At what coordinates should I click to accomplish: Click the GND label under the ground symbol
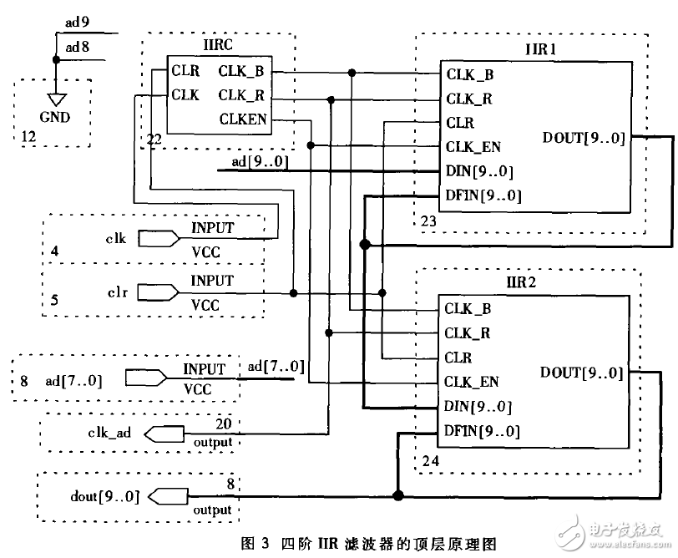tap(55, 117)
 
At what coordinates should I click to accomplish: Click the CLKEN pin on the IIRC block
tap(243, 119)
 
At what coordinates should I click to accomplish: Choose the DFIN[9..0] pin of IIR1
tap(483, 195)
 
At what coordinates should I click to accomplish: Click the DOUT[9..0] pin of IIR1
tap(583, 139)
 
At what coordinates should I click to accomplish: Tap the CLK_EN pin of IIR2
tap(472, 382)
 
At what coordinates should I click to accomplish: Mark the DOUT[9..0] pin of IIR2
tap(582, 373)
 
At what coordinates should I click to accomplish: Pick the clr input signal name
tap(116, 293)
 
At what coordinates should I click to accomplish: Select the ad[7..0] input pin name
tap(73, 381)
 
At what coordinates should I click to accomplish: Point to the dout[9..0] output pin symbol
tap(166, 497)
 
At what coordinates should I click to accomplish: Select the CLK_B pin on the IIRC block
tap(242, 71)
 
